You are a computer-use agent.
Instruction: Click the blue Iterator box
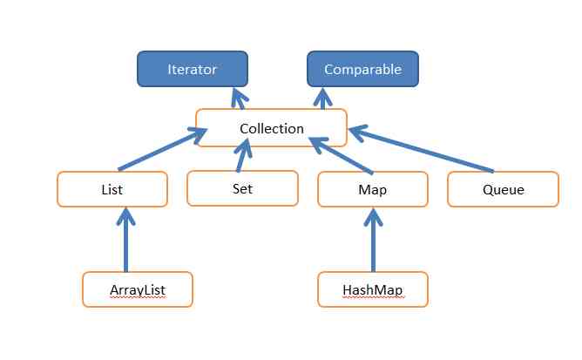pyautogui.click(x=192, y=69)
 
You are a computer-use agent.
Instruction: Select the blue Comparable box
pyautogui.click(x=362, y=69)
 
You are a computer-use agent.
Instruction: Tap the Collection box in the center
pyautogui.click(x=271, y=128)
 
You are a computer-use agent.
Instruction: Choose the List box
pyautogui.click(x=112, y=189)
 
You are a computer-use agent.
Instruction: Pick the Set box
pyautogui.click(x=241, y=187)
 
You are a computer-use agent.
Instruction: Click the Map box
pyautogui.click(x=373, y=189)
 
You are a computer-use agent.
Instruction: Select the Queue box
pyautogui.click(x=503, y=189)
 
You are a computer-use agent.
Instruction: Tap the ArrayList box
pyautogui.click(x=137, y=289)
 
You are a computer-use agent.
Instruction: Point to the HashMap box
pyautogui.click(x=373, y=289)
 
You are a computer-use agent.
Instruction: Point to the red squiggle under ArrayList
pyautogui.click(x=137, y=297)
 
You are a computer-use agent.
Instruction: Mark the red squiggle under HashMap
pyautogui.click(x=373, y=297)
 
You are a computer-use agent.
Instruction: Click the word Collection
pyautogui.click(x=271, y=129)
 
